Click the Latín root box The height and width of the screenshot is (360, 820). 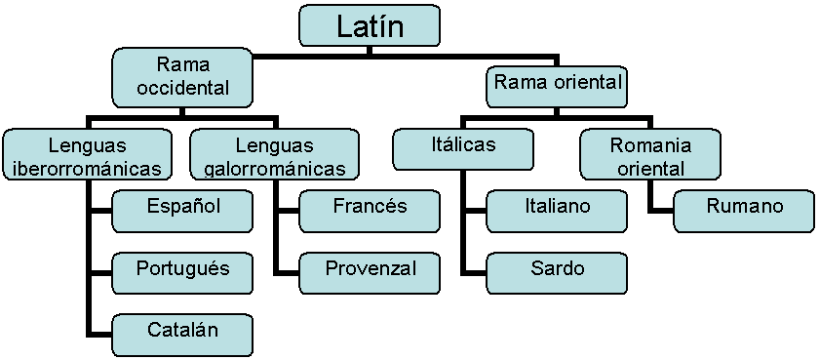(369, 26)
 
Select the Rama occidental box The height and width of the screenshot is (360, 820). (183, 77)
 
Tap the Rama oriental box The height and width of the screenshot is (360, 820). (557, 84)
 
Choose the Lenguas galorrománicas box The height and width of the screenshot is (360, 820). (274, 155)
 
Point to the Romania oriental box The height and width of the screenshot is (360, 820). (650, 155)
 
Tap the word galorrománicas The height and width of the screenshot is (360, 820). (274, 169)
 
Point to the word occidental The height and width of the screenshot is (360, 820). (183, 88)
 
